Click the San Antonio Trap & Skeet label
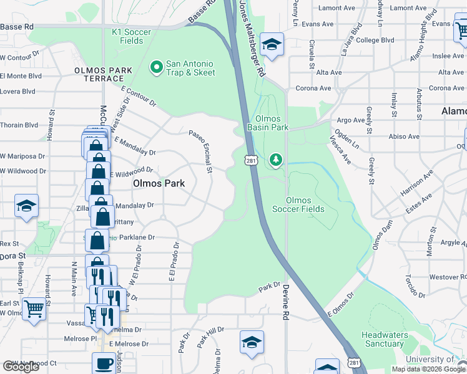point(190,69)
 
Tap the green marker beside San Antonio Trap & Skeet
point(156,65)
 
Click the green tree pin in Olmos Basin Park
point(275,160)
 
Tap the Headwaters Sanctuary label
point(385,339)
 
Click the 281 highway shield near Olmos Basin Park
point(250,161)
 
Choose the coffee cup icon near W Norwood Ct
point(104,363)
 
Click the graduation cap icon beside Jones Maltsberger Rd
point(272,44)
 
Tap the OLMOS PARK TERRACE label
point(99,75)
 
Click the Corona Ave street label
point(313,89)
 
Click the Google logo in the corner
point(21,367)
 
